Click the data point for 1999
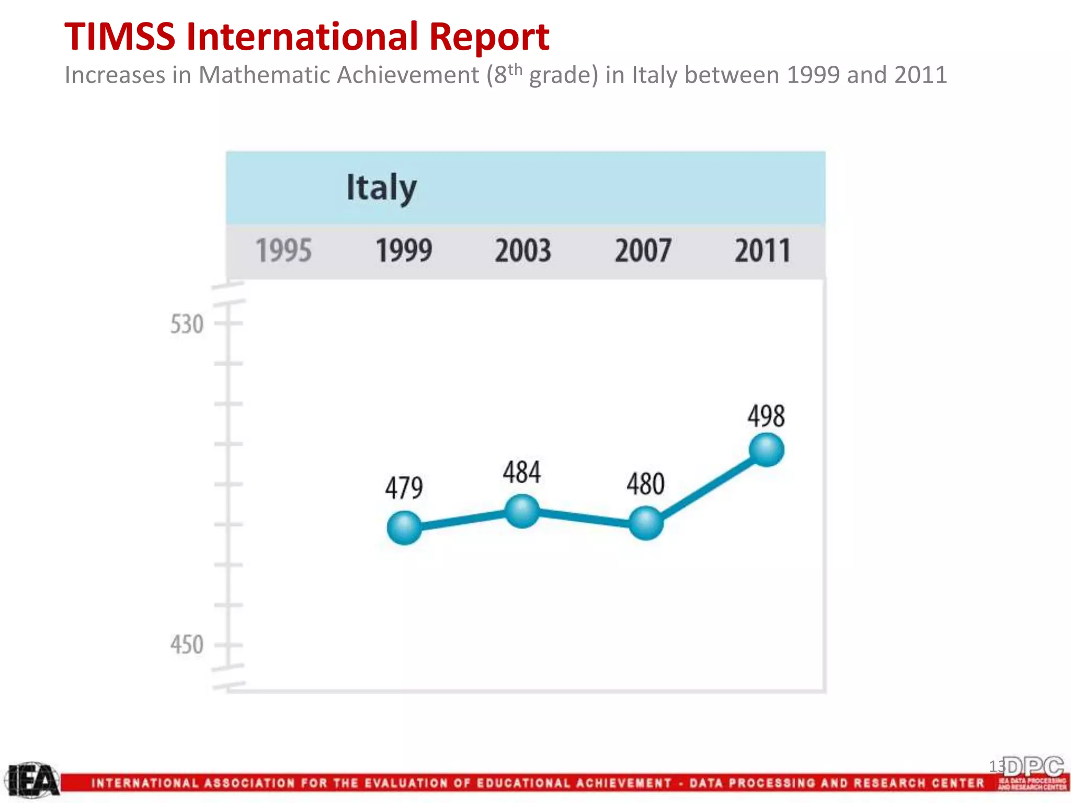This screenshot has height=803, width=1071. tap(404, 527)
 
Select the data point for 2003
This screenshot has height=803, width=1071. tap(522, 511)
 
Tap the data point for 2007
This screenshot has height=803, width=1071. tap(646, 523)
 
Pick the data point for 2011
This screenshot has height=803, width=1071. tap(766, 450)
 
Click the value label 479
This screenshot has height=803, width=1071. tap(404, 488)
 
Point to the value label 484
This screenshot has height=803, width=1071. tap(522, 472)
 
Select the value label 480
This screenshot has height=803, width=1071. tap(646, 484)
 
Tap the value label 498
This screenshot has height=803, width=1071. tap(766, 416)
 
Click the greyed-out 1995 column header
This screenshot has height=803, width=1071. tap(283, 250)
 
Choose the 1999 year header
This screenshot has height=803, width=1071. tap(404, 250)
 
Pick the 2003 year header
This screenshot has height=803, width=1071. tap(523, 250)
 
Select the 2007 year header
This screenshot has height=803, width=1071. tap(643, 250)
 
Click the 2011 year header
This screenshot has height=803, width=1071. tap(762, 250)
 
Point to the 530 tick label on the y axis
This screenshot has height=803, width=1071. tap(187, 324)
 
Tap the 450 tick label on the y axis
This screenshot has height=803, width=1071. tap(187, 645)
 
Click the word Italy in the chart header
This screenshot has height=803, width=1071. tap(381, 187)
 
